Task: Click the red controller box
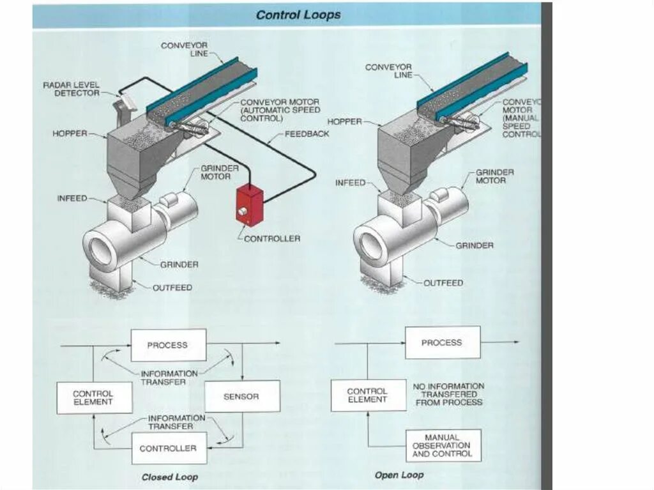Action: coord(249,204)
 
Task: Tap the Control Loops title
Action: coord(298,15)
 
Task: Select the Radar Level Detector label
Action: coord(72,89)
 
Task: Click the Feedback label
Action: coord(307,134)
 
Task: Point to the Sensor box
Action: coord(241,397)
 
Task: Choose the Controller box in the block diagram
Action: coord(168,448)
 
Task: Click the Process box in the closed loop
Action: coord(168,345)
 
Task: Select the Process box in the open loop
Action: coord(442,342)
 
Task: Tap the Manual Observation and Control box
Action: coord(443,446)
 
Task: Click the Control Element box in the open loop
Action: coord(368,395)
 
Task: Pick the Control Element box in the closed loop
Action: coord(93,397)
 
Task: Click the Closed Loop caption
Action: coord(170,477)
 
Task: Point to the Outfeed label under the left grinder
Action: coord(172,287)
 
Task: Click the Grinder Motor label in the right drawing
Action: coord(494,176)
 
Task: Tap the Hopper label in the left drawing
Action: coord(70,134)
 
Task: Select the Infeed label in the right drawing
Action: coord(351,183)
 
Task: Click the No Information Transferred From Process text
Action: coord(448,394)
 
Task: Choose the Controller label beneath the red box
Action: coord(272,238)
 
